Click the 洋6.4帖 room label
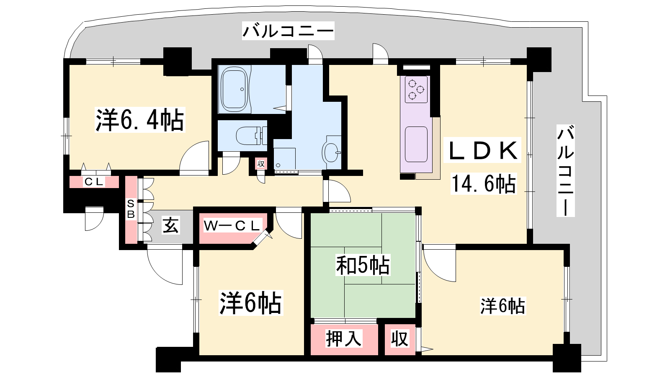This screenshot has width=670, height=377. [140, 120]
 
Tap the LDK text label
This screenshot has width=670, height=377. [482, 150]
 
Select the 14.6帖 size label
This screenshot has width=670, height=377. [483, 183]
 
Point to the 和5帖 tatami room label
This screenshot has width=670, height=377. [363, 265]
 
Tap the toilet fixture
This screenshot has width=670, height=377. [251, 136]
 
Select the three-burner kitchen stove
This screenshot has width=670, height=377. [416, 90]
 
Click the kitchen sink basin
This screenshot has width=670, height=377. [416, 145]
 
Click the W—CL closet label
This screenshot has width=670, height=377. [232, 226]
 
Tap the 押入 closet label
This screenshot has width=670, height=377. [344, 338]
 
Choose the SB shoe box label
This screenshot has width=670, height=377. [131, 209]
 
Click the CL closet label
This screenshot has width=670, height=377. [94, 182]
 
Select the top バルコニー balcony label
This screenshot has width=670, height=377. [288, 31]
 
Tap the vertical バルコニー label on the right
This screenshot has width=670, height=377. [565, 170]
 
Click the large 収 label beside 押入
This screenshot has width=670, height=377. [399, 339]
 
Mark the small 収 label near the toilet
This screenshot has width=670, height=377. [261, 164]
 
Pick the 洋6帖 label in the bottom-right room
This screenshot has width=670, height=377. [502, 306]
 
